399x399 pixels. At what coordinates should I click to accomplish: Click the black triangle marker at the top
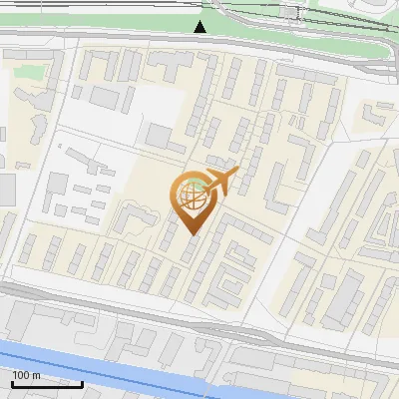pos(200,26)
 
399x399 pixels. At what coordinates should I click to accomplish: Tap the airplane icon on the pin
pos(221,180)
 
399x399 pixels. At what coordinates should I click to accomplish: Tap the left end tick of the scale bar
pos(12,381)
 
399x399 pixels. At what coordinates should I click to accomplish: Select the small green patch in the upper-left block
pos(30,73)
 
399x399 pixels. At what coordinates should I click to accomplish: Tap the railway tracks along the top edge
pos(100,8)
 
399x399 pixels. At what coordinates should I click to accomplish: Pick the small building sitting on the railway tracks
pos(291,12)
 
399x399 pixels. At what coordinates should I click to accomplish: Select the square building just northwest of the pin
pos(160,135)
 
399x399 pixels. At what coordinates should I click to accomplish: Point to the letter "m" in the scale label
pos(36,375)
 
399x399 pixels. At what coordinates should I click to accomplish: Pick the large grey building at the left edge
pos(6,190)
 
